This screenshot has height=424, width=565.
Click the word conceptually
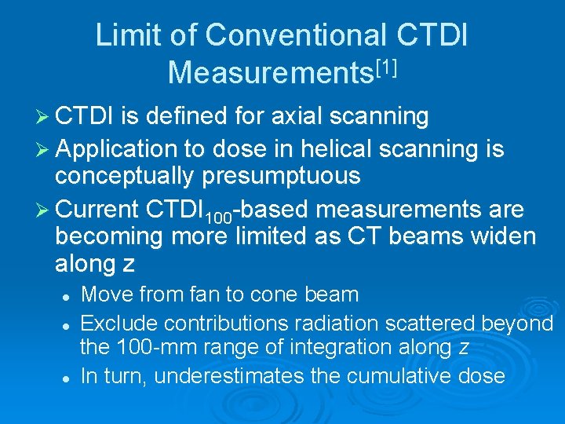[x=126, y=175]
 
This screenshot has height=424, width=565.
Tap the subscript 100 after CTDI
[x=219, y=217]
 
